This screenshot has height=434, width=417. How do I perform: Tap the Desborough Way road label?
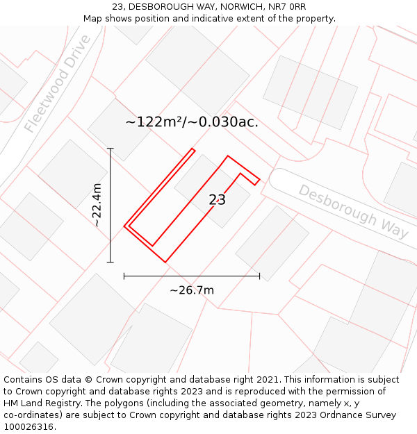(354, 210)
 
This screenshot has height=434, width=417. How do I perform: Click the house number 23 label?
(217, 200)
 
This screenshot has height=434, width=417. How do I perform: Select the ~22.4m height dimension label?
(97, 205)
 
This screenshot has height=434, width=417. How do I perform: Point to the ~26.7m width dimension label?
(192, 290)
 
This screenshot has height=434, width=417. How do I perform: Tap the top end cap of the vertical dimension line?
(110, 149)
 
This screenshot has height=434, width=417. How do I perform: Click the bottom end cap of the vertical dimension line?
(110, 262)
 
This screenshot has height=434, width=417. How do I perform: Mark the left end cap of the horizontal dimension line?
(124, 276)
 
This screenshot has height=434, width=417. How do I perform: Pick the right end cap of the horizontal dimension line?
(259, 276)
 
